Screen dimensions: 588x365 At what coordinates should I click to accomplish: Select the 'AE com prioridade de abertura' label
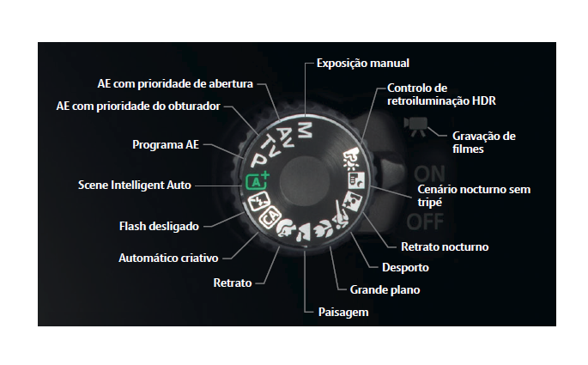click(175, 83)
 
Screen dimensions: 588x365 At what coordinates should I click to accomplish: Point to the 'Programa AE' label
click(165, 144)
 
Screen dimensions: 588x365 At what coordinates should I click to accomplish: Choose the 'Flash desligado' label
click(158, 227)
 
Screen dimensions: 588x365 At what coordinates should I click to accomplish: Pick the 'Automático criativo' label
click(168, 257)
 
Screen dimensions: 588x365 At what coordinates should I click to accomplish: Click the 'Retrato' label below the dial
click(232, 282)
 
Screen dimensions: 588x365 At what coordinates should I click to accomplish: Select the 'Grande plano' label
click(385, 289)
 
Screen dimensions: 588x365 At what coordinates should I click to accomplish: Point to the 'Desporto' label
click(405, 267)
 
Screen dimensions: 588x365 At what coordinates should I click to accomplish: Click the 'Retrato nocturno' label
click(445, 246)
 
